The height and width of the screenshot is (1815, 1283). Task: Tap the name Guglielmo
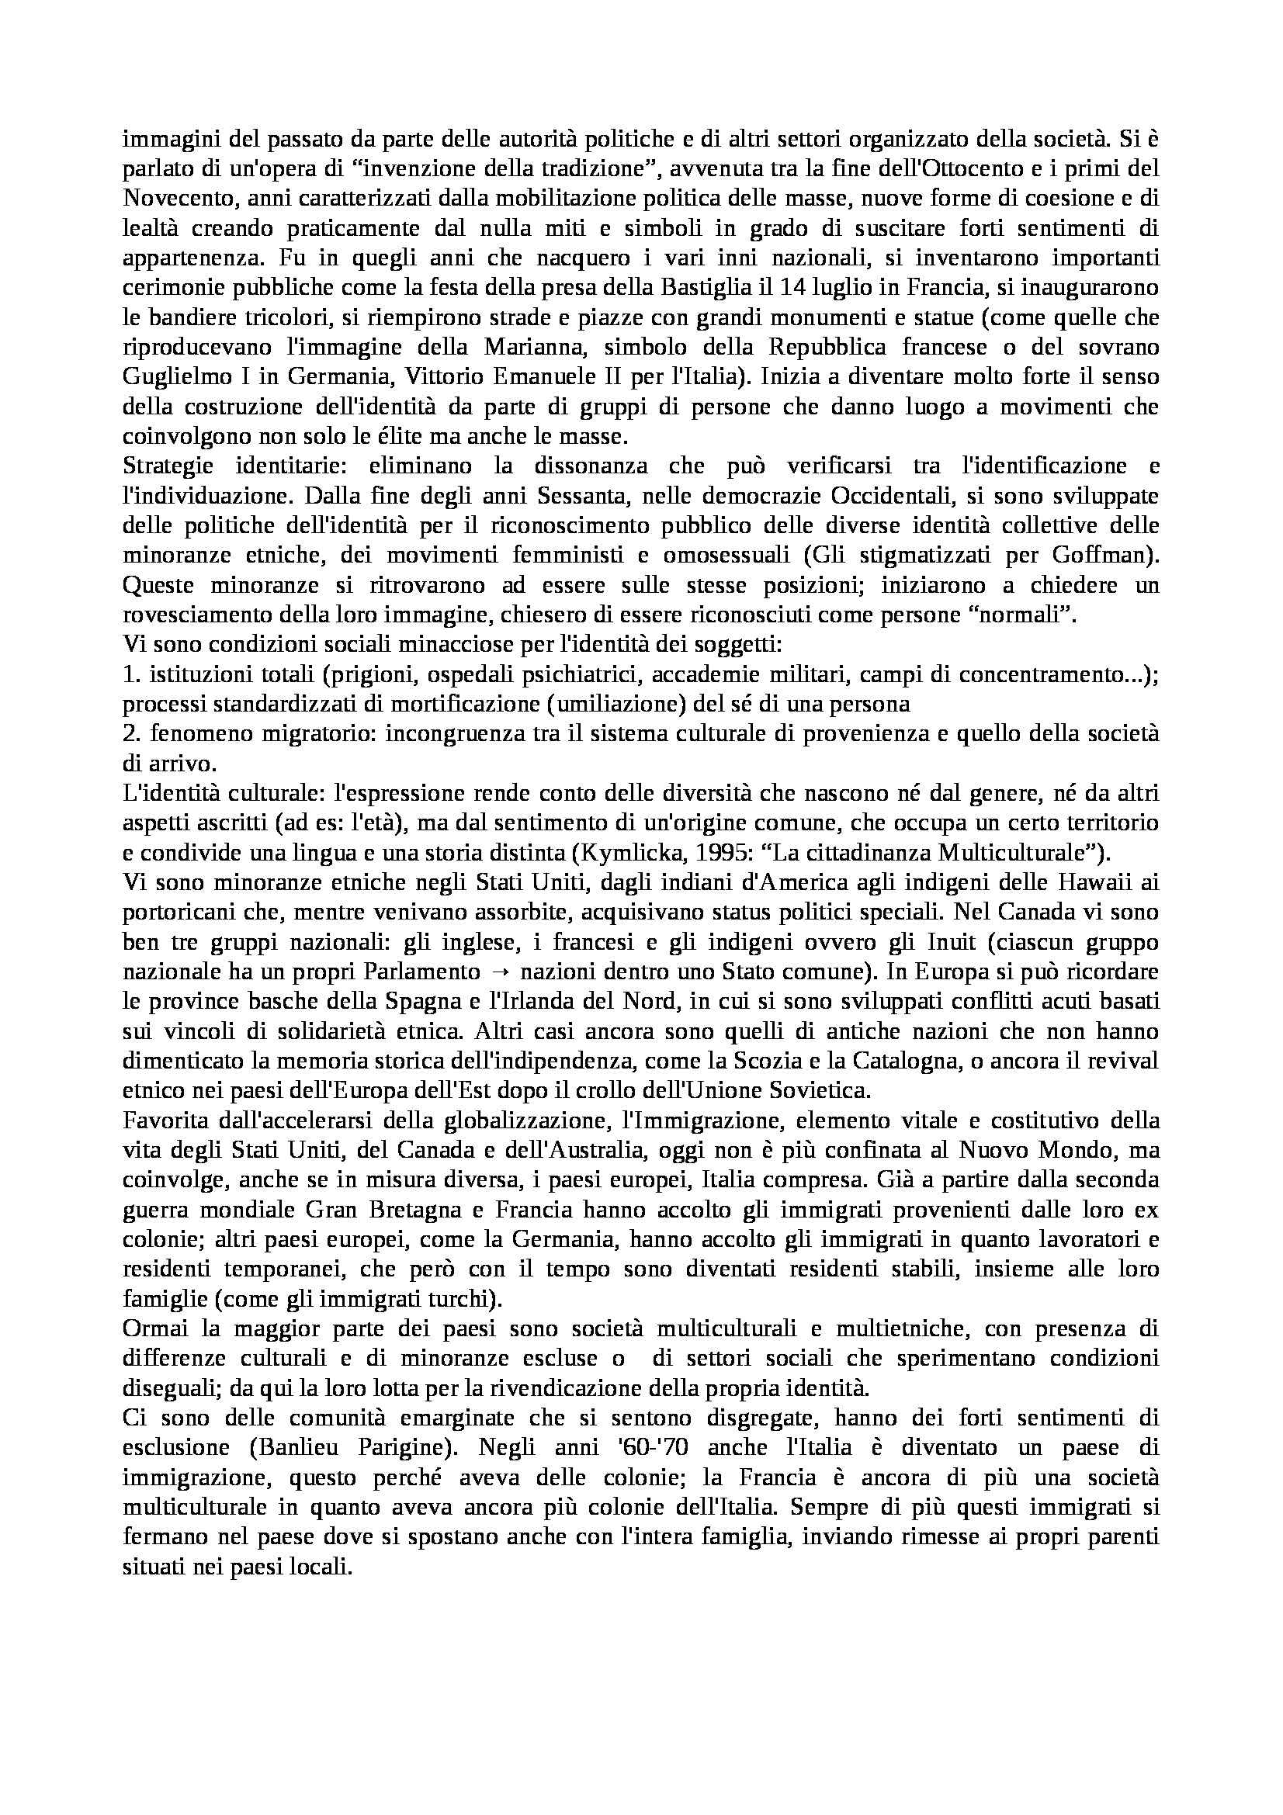tap(169, 377)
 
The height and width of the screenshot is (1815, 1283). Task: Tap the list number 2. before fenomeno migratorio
tap(130, 733)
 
